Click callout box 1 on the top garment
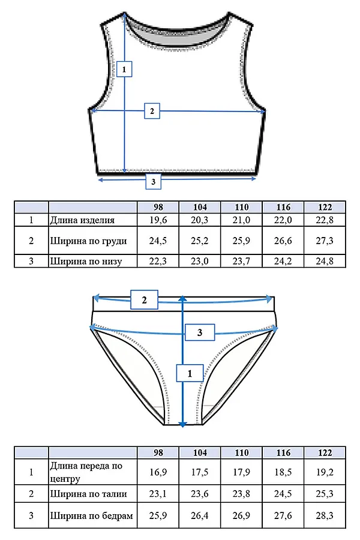coord(124,69)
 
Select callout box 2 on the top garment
coord(152,111)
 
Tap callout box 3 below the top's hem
coord(154,181)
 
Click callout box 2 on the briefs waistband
coord(145,300)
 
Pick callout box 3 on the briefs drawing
coord(200,332)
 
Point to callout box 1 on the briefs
coord(190,373)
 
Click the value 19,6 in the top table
coord(158,220)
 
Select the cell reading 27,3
coord(325,241)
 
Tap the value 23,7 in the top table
coord(241,261)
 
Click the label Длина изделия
coord(82,220)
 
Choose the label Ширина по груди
coord(89,241)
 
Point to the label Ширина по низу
coord(86,261)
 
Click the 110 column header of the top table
coord(241,207)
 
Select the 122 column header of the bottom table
coord(325,452)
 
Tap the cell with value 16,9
coord(158,472)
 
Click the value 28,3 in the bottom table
coord(325,515)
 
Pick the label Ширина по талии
coord(89,494)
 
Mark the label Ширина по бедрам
coord(92,516)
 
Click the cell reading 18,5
coord(283,472)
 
